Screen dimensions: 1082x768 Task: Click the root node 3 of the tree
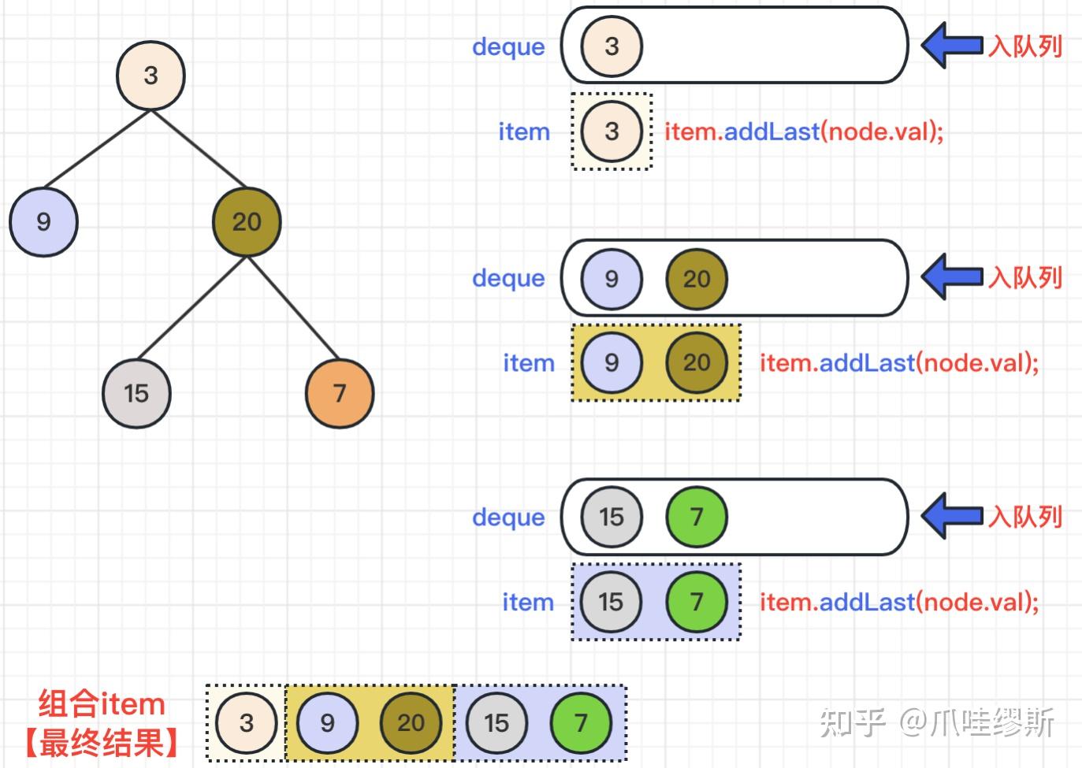click(151, 76)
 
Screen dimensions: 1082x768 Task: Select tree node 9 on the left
click(43, 222)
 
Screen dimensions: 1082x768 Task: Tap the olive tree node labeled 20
click(247, 222)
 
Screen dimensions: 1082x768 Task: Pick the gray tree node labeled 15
click(136, 393)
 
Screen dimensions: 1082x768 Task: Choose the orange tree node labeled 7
click(340, 393)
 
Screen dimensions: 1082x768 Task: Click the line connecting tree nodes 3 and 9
click(97, 149)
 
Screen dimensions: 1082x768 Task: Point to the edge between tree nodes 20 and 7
click(293, 307)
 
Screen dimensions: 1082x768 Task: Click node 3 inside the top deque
click(612, 46)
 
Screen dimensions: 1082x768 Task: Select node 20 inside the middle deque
click(697, 279)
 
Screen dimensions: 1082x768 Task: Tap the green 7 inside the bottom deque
click(697, 517)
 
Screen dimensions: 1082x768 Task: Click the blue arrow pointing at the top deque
click(952, 46)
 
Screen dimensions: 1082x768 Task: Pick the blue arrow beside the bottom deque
click(952, 516)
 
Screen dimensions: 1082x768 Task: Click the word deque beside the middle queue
click(508, 279)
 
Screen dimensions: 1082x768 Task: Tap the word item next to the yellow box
click(529, 362)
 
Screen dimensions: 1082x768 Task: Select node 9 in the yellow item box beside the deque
click(612, 362)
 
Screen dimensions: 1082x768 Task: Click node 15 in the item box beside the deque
click(611, 602)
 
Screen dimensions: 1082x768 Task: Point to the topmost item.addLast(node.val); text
click(804, 132)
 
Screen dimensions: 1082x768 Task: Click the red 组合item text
click(102, 704)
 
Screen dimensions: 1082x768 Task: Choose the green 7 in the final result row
click(581, 723)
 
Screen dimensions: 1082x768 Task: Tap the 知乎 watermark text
click(853, 722)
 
